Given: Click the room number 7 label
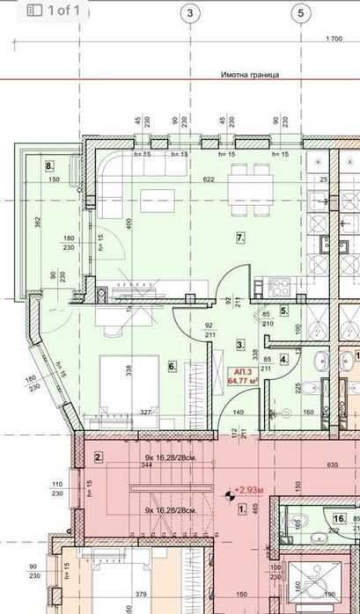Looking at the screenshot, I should tap(239, 238).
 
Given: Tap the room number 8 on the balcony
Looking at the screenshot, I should tap(49, 164).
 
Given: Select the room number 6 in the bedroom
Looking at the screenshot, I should tap(173, 366).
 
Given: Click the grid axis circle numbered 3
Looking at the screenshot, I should tap(191, 13).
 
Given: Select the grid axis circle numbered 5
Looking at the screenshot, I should tap(301, 13).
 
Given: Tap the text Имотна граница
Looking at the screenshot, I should tap(250, 76).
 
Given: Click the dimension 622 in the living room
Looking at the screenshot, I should tap(208, 179).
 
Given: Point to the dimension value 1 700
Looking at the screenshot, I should tap(333, 39).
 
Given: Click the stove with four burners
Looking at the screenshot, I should tap(280, 287).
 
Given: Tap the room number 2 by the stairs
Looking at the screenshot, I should tap(99, 457).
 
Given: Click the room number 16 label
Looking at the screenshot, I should tap(339, 520).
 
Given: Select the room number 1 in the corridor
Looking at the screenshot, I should tap(242, 508).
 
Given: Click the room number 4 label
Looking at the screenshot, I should tap(283, 358).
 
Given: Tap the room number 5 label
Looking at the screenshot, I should tap(283, 311).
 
